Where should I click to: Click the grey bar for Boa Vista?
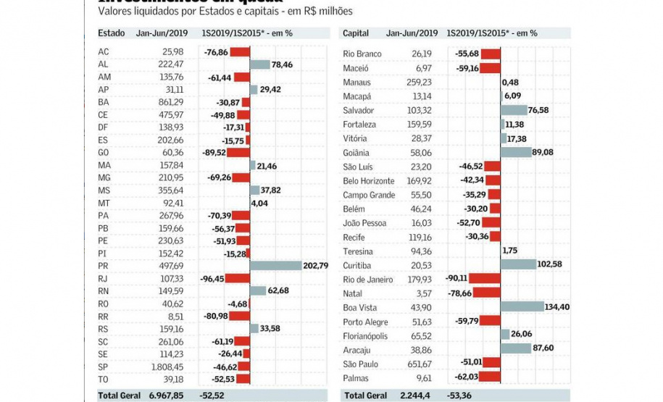[x=522, y=307]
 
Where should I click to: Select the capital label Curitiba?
[x=357, y=265]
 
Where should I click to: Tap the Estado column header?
[x=112, y=33]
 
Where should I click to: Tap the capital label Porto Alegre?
[x=363, y=322]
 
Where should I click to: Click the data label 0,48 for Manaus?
[x=510, y=83]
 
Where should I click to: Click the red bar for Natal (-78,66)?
[x=488, y=293]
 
